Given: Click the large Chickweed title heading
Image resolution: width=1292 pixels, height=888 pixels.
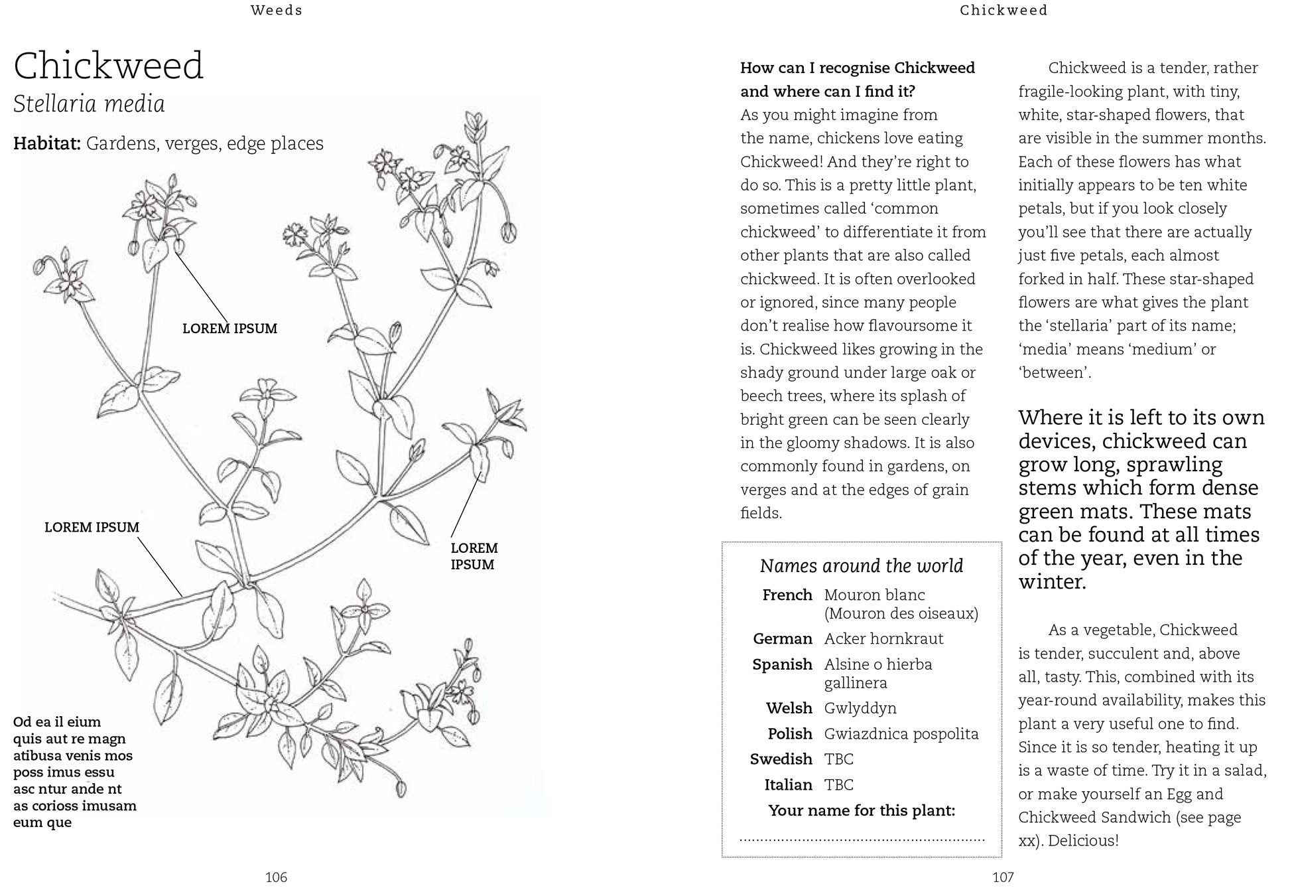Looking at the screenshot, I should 108,66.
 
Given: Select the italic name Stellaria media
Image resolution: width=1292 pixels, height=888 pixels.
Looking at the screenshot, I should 89,104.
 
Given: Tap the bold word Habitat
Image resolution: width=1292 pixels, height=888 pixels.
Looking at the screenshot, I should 46,143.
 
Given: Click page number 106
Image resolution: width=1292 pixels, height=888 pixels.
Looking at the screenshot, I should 276,877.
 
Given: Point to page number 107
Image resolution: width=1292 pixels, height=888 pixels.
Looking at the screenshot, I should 1003,877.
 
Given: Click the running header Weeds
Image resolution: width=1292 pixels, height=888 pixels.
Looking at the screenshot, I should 277,10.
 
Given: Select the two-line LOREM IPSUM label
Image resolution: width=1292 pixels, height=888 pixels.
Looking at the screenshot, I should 474,556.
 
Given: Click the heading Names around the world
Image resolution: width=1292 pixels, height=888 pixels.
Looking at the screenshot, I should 861,565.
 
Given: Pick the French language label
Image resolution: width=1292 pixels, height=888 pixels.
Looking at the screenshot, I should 787,595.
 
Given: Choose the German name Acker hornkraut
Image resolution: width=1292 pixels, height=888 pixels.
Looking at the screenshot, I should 883,638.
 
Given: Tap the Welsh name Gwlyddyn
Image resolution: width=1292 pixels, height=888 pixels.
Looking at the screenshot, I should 860,708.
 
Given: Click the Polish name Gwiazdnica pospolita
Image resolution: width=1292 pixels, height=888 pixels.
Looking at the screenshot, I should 901,733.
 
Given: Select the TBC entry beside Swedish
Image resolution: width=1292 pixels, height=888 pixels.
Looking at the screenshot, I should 838,759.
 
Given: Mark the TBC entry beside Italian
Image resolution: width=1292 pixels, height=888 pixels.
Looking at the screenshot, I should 838,784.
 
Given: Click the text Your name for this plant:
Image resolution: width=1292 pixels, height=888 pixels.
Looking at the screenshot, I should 862,810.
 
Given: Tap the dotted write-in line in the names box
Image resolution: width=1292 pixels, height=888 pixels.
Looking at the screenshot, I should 862,840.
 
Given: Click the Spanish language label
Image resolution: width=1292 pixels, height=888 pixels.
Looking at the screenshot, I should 782,664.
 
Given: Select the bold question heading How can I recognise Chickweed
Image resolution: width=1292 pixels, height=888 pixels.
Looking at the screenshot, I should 857,68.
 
